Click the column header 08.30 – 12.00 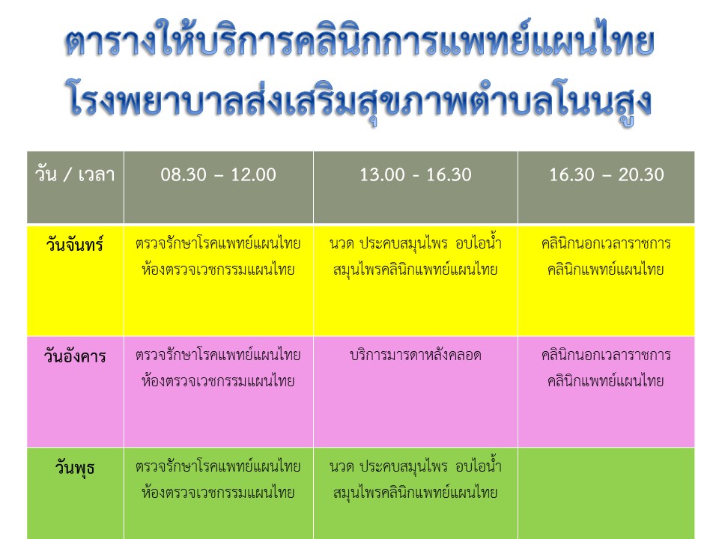click(218, 174)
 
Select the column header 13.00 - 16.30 click(416, 174)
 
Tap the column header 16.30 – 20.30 click(607, 174)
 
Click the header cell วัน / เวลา click(75, 174)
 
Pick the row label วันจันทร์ click(75, 244)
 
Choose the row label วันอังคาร click(75, 356)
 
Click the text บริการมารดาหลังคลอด click(416, 355)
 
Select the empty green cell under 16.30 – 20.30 click(606, 493)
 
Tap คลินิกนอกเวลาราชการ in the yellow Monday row click(606, 243)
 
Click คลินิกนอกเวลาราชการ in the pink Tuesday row click(606, 355)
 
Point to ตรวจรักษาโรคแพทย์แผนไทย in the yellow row click(218, 243)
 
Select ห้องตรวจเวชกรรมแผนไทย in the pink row click(218, 381)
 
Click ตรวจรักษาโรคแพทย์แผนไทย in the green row click(218, 466)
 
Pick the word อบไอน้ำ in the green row click(479, 466)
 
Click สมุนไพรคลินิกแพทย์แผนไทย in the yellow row click(416, 270)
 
